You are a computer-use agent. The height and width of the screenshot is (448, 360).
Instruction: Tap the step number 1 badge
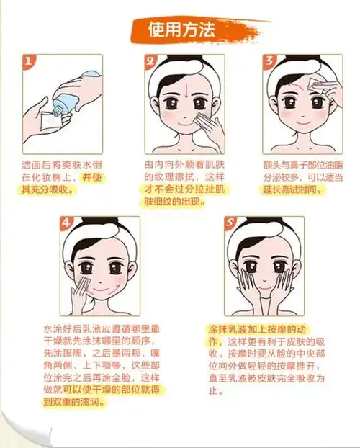click(x=28, y=63)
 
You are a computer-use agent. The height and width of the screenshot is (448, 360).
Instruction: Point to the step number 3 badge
click(x=269, y=63)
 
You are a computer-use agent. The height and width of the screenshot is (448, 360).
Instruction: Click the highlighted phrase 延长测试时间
click(x=290, y=191)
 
